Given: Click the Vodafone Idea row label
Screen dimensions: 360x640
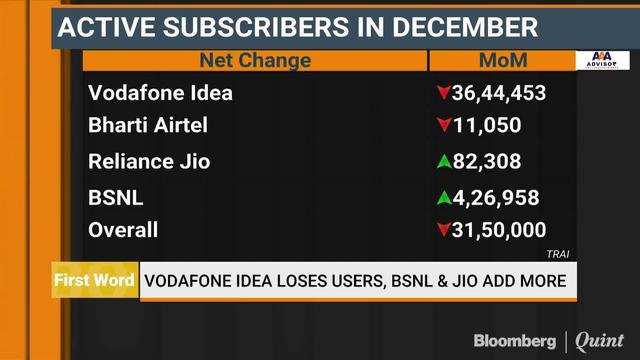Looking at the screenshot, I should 160,94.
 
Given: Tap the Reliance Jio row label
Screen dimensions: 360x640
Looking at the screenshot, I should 149,161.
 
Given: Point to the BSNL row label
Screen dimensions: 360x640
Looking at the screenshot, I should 117,197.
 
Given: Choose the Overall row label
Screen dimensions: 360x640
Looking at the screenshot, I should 123,230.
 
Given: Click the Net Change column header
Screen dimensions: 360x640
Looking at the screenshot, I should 255,61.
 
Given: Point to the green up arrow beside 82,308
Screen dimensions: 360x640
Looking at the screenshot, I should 442,161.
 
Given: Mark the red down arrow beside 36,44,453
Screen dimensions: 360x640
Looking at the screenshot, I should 442,94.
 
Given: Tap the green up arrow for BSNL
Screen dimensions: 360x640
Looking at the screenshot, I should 442,197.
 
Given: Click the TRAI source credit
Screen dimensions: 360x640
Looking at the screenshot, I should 557,254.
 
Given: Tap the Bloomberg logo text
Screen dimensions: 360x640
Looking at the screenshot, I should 514,341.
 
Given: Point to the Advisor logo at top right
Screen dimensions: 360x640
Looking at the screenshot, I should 601,60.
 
